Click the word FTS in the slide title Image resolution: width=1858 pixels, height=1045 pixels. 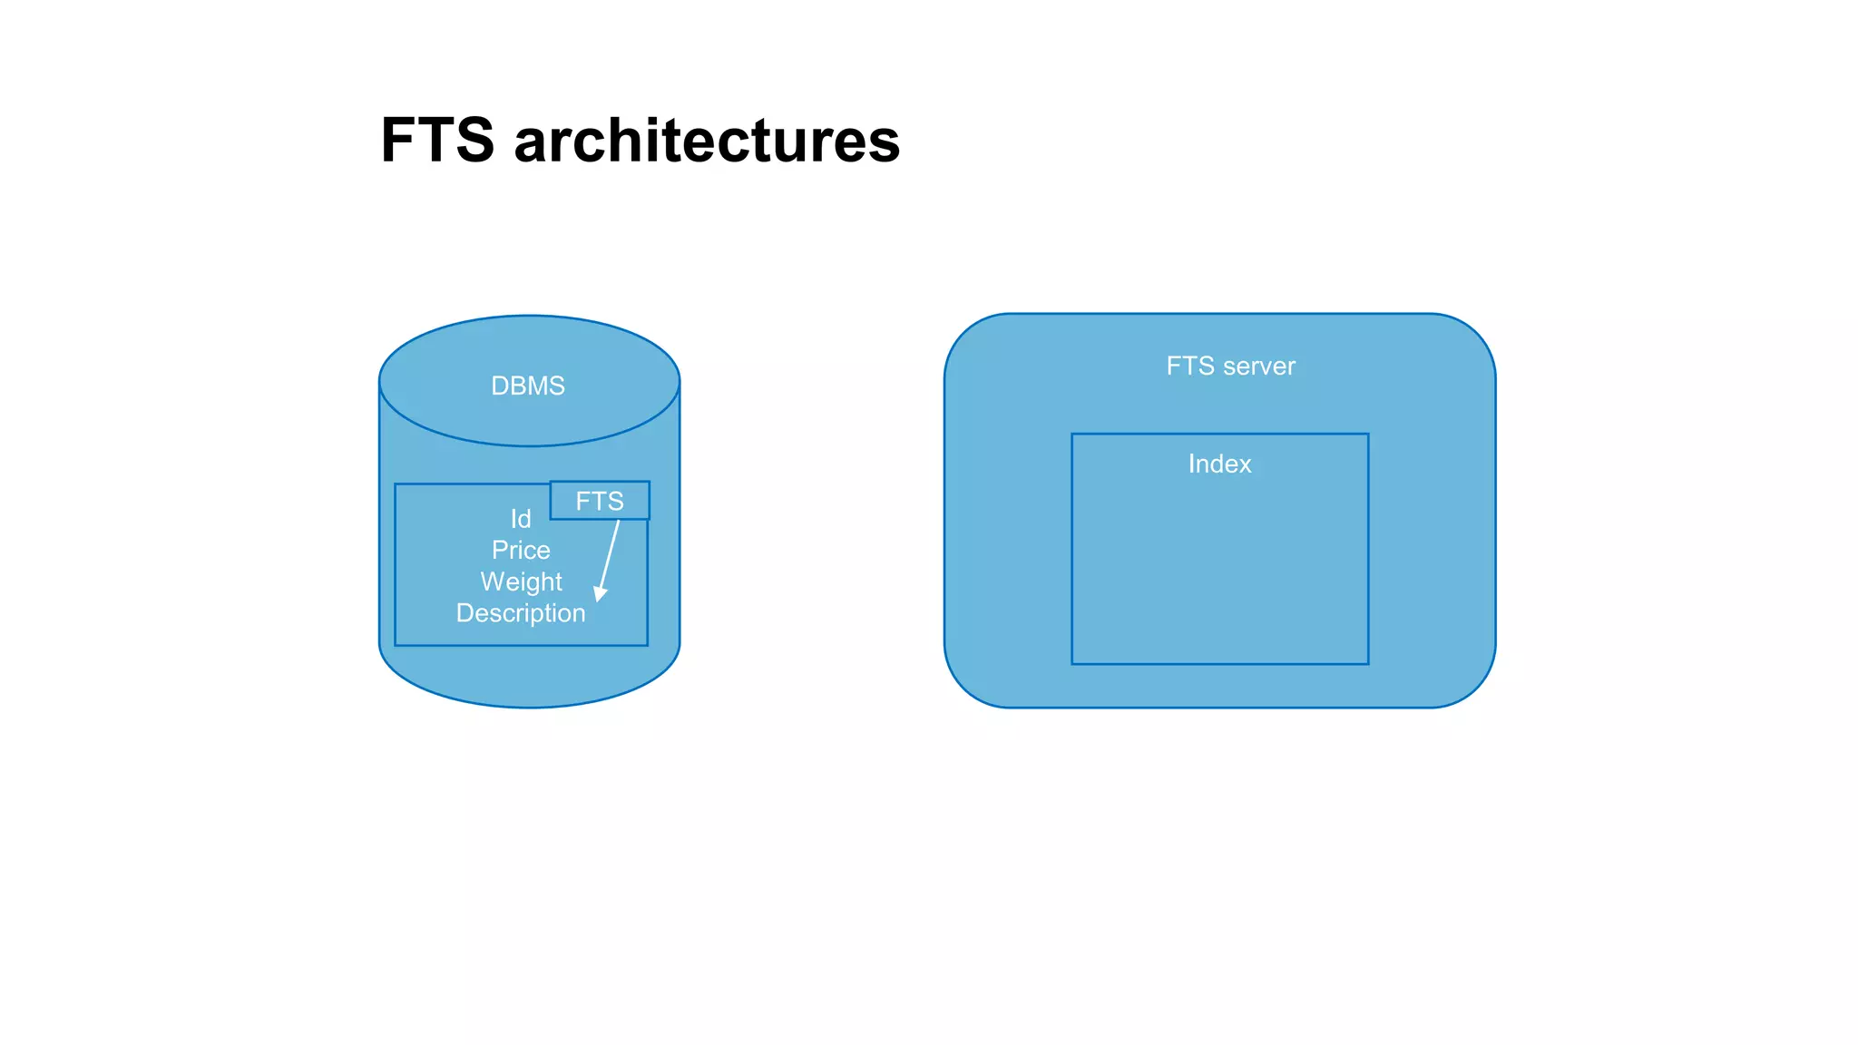[x=437, y=141]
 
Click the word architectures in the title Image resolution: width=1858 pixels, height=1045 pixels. [x=707, y=141]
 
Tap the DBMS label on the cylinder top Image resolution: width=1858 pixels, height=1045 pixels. [x=527, y=386]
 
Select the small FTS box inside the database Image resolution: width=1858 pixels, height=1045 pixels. [x=600, y=501]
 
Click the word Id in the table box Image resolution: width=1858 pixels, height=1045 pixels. [x=521, y=519]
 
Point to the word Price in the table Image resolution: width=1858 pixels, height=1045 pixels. [x=521, y=551]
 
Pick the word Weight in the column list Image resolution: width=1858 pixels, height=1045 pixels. [x=521, y=581]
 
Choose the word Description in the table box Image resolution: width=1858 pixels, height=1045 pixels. [x=521, y=613]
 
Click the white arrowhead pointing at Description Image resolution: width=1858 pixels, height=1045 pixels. [x=600, y=593]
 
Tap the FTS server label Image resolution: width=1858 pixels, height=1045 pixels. [x=1230, y=366]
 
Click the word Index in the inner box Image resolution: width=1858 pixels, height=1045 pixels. [x=1219, y=464]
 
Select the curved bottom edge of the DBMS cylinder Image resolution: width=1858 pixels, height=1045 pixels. [x=530, y=707]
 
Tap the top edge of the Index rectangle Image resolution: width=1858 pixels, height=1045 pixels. [x=1219, y=435]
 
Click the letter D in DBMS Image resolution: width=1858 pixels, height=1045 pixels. [x=500, y=386]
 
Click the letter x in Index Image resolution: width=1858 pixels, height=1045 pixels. [x=1245, y=464]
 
